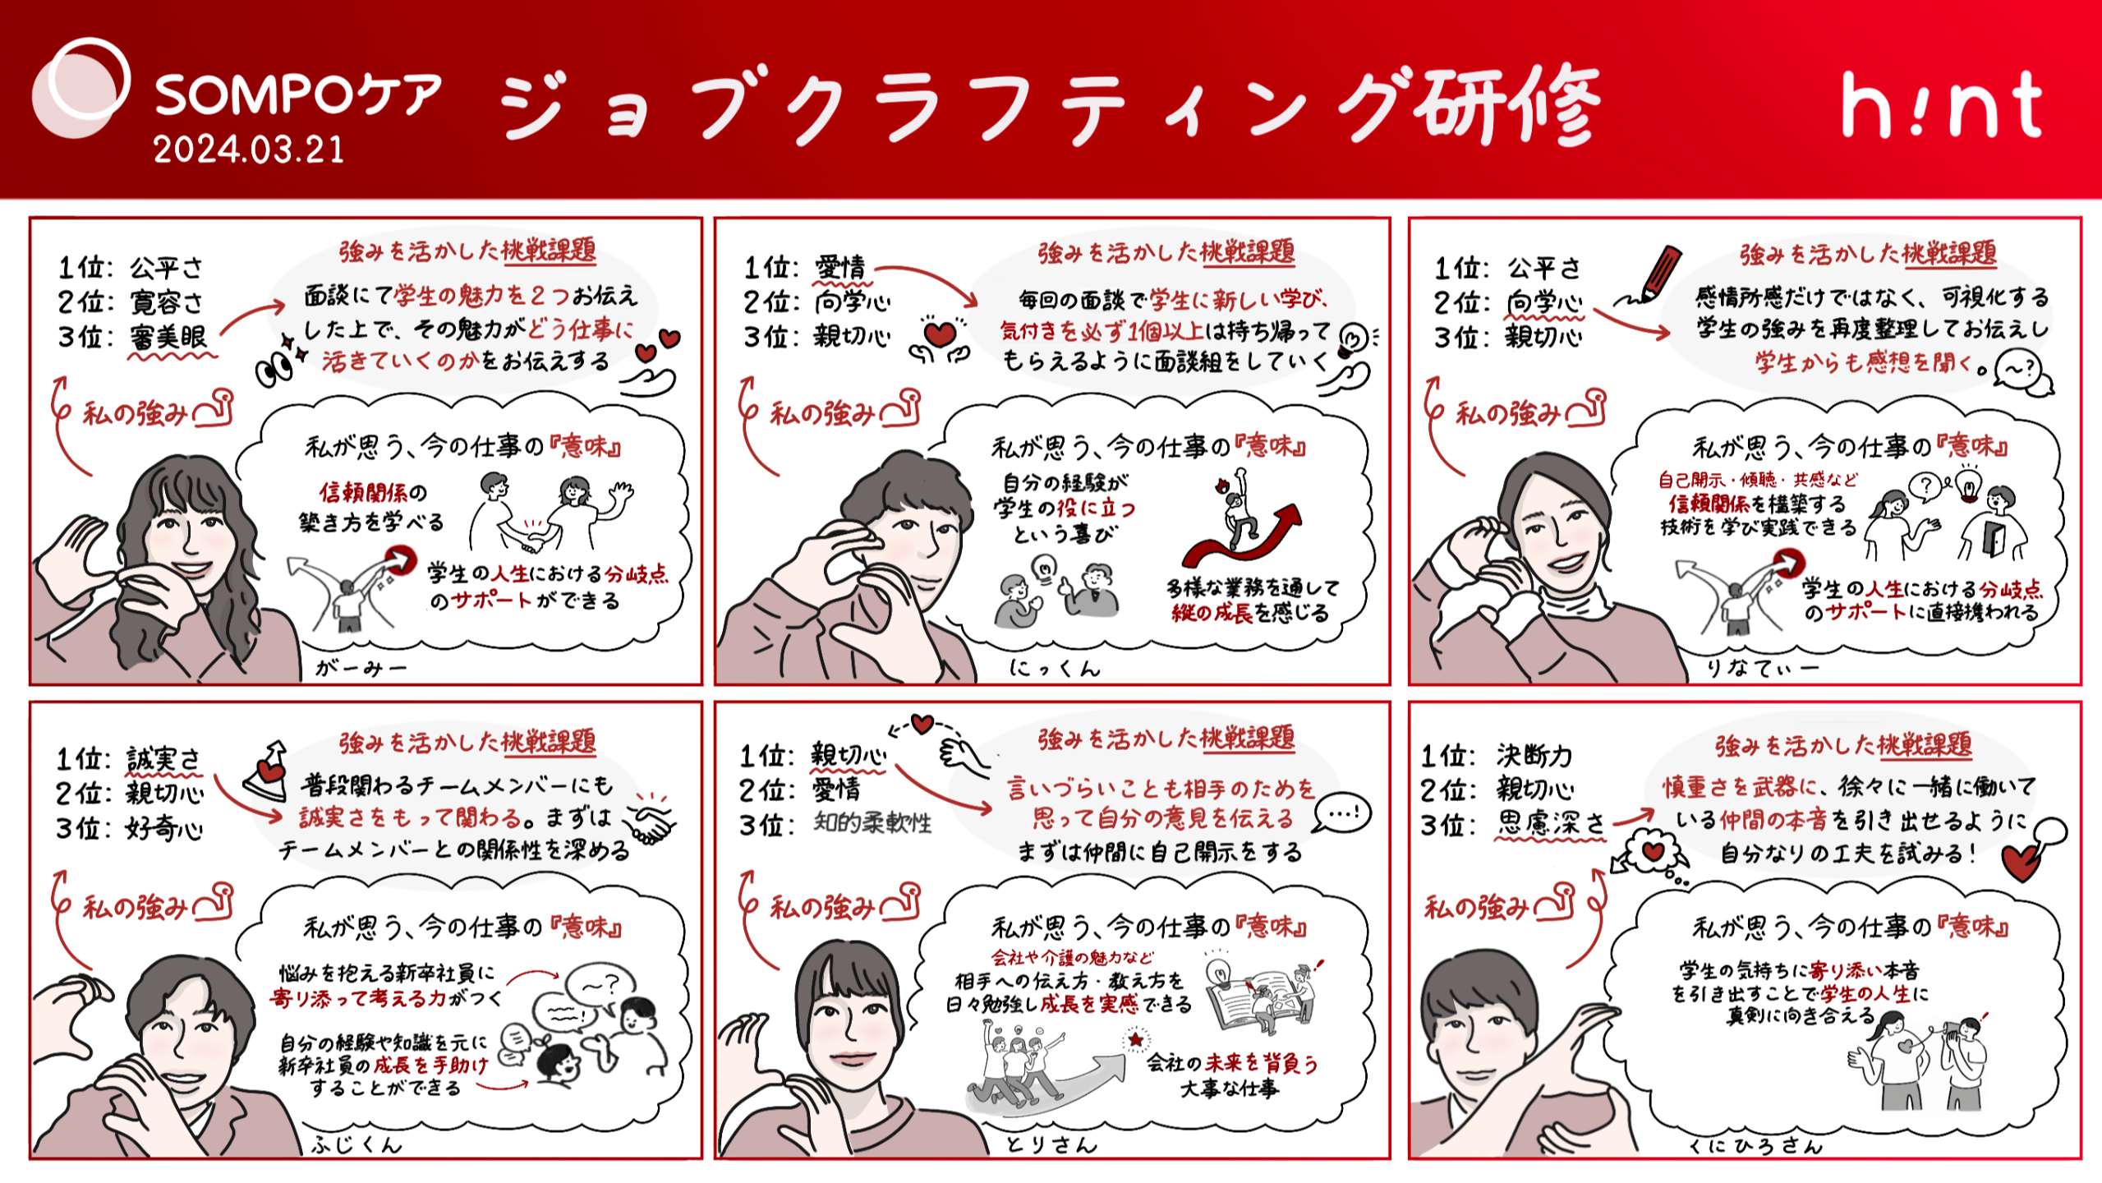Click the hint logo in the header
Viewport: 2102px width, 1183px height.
click(x=1942, y=105)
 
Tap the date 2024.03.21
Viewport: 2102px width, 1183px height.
click(x=248, y=150)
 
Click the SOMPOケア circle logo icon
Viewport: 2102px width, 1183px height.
click(x=80, y=87)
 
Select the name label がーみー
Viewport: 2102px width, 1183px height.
click(x=361, y=669)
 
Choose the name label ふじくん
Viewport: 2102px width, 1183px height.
click(x=356, y=1144)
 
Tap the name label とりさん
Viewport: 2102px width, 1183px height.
click(x=1051, y=1144)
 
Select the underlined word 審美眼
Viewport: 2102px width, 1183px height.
click(x=168, y=337)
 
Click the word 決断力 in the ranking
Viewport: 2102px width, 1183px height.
click(x=1534, y=755)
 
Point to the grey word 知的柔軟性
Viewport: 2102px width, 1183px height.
click(x=872, y=823)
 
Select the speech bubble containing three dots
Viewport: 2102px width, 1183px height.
click(x=1342, y=813)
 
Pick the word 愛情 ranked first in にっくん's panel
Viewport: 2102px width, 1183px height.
click(x=839, y=267)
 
